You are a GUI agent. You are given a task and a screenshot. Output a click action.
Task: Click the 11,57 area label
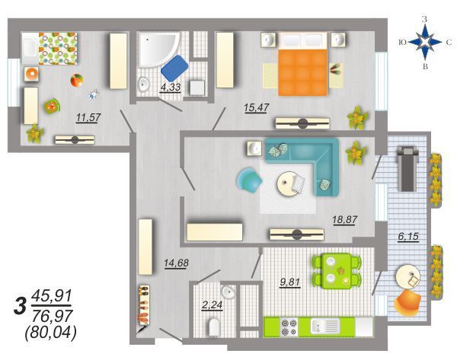(x=88, y=117)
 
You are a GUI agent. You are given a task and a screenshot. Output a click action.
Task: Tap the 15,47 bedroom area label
(x=257, y=107)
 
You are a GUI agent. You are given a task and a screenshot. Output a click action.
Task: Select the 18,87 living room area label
(x=345, y=219)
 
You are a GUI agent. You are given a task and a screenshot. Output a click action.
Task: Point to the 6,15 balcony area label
(x=408, y=236)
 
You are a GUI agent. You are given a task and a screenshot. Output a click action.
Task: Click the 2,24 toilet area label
(x=213, y=305)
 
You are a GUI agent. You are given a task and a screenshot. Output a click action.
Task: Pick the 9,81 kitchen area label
(x=290, y=282)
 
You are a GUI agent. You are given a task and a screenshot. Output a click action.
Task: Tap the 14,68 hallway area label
(x=177, y=263)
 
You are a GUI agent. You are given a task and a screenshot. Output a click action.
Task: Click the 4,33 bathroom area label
(x=171, y=87)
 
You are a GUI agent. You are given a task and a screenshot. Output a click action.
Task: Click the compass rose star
(x=425, y=42)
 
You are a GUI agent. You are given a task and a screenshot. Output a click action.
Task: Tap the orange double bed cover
(x=303, y=72)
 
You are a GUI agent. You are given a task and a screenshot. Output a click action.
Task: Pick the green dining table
(x=337, y=271)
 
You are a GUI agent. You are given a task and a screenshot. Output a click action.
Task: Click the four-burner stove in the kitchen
(x=289, y=327)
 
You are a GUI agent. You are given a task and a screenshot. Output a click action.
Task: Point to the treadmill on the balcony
(x=407, y=168)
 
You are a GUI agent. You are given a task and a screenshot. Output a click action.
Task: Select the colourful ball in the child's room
(x=77, y=81)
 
